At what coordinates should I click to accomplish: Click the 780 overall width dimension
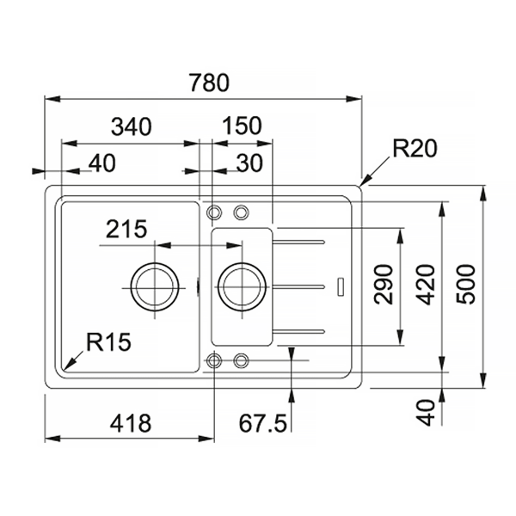pos(209,83)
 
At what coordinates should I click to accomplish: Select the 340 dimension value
pos(132,126)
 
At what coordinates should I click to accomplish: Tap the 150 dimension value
pos(243,126)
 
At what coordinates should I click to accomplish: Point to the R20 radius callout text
pos(415,149)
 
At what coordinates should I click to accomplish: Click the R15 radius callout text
pos(108,341)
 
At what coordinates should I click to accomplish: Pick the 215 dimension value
pos(126,229)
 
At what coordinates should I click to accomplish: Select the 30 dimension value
pos(249,163)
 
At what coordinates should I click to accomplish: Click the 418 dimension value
pos(131,423)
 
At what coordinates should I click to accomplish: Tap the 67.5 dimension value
pos(262,423)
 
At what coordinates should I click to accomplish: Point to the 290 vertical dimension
pos(384,284)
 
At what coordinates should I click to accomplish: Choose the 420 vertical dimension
pos(425,284)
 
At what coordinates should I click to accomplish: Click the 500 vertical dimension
pos(466,284)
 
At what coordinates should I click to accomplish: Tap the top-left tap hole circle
pos(214,206)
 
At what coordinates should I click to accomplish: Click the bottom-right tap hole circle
pos(241,353)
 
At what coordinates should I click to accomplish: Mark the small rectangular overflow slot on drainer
pos(341,287)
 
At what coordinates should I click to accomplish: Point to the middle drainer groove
pos(298,287)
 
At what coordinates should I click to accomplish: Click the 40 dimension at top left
pos(102,163)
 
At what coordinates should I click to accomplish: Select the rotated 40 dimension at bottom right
pos(425,413)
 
